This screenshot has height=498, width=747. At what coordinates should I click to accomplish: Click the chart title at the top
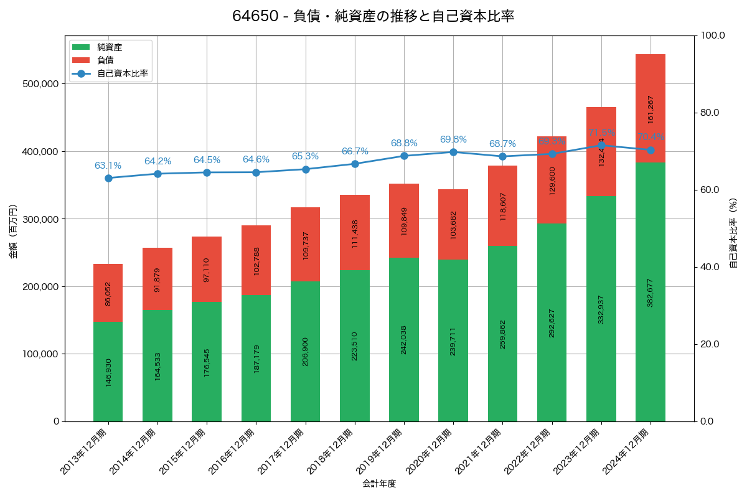pyautogui.click(x=373, y=16)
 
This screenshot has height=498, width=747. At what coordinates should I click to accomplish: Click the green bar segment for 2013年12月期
pyautogui.click(x=108, y=372)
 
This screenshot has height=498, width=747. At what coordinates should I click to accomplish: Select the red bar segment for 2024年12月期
pyautogui.click(x=651, y=108)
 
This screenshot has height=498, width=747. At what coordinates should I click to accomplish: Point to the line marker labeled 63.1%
pyautogui.click(x=108, y=178)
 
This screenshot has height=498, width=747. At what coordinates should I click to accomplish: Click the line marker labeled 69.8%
pyautogui.click(x=453, y=152)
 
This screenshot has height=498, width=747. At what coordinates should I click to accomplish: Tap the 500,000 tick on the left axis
pyautogui.click(x=39, y=84)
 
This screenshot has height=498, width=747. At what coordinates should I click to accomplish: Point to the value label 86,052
pyautogui.click(x=108, y=293)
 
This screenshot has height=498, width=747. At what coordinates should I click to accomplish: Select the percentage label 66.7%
pyautogui.click(x=355, y=151)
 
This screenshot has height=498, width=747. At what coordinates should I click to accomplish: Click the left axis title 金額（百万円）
pyautogui.click(x=13, y=228)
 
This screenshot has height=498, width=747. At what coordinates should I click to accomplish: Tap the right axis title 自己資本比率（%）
pyautogui.click(x=733, y=228)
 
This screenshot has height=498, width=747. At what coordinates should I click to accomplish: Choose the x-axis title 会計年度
pyautogui.click(x=379, y=483)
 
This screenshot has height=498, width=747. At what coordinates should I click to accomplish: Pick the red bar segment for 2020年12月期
pyautogui.click(x=453, y=224)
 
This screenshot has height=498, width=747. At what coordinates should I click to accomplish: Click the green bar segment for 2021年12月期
pyautogui.click(x=502, y=334)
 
